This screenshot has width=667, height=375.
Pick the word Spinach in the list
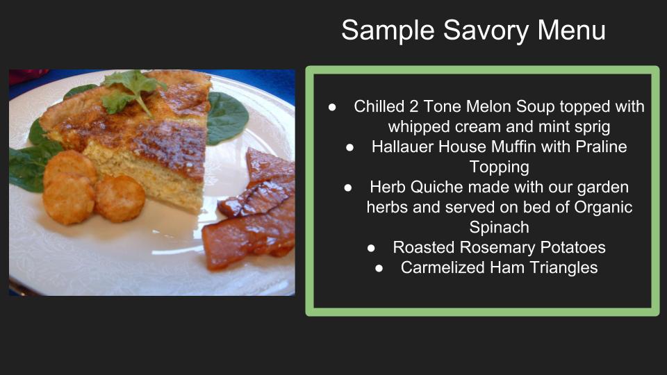pyautogui.click(x=499, y=227)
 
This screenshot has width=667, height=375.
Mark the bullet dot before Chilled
pyautogui.click(x=333, y=107)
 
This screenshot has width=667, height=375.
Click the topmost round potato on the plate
pyautogui.click(x=70, y=167)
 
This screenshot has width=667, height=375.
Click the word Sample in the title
pyautogui.click(x=381, y=31)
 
